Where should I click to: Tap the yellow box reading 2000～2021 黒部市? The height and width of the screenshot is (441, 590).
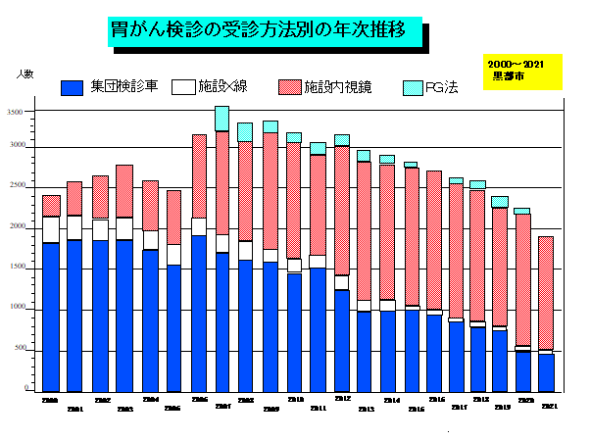(x=522, y=71)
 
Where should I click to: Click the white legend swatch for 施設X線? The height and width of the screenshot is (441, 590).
(x=182, y=86)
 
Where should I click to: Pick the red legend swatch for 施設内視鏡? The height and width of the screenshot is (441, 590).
(x=289, y=86)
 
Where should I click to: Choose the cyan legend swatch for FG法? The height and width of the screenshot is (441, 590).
(x=412, y=87)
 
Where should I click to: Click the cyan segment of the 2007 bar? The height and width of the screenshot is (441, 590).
(x=221, y=119)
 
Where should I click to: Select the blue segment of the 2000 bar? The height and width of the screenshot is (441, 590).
(x=50, y=316)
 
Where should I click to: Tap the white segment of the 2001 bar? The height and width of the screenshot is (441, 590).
(x=74, y=227)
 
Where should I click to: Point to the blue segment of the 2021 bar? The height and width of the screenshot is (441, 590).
(x=546, y=372)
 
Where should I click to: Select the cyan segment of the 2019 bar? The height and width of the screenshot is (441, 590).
(x=500, y=202)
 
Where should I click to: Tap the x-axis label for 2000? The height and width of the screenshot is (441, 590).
(x=49, y=400)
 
